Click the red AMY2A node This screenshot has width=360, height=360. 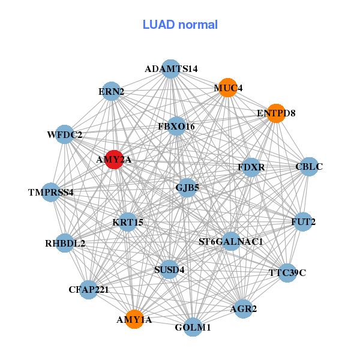[114, 160]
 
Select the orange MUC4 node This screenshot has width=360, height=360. [227, 88]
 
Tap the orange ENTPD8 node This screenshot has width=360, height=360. [275, 113]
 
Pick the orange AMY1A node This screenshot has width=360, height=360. [134, 319]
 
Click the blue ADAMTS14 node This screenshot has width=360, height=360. [171, 69]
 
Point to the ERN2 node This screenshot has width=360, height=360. [111, 91]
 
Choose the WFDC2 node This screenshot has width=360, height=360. [64, 134]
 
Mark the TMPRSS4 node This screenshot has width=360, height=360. [51, 193]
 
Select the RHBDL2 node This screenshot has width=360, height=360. [65, 243]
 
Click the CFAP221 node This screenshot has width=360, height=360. [88, 290]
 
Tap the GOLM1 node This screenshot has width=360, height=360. [193, 327]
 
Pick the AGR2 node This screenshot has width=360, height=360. [243, 309]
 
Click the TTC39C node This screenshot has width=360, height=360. [287, 273]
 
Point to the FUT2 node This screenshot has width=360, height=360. [303, 222]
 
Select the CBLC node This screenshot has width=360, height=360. [308, 166]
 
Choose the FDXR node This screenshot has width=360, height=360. [251, 166]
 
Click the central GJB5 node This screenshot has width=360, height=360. [187, 187]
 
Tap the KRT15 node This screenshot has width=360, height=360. [128, 223]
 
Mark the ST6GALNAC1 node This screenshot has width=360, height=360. [231, 242]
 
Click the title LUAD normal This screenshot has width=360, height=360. [180, 25]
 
